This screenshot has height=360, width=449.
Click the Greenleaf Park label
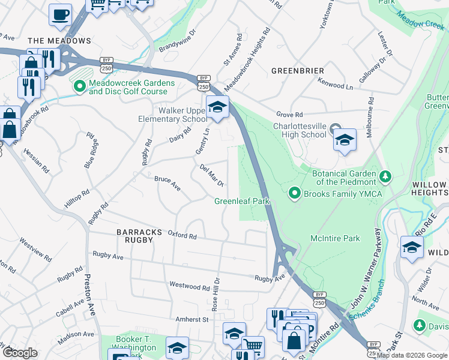[x=243, y=202]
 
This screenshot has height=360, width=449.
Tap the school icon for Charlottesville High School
[x=345, y=140]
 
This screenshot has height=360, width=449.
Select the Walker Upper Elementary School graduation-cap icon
[x=217, y=107]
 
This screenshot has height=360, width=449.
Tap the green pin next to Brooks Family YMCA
[x=294, y=193]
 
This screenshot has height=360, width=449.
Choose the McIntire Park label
[x=335, y=238]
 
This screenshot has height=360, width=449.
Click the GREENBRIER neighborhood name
[x=298, y=71]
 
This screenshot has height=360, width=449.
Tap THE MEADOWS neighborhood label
[x=59, y=41]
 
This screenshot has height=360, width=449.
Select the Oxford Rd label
[x=182, y=236]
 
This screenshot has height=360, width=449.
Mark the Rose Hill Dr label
[x=216, y=294]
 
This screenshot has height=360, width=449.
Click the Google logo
[x=20, y=352]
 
